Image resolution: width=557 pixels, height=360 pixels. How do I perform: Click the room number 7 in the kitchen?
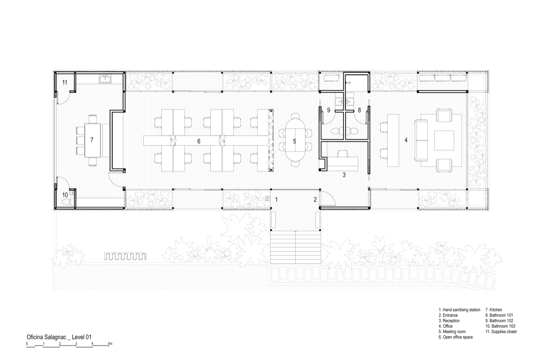[x=92, y=140]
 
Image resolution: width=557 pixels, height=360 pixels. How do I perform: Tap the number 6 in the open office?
[x=198, y=141]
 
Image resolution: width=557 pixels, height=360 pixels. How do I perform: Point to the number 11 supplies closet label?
[x=64, y=82]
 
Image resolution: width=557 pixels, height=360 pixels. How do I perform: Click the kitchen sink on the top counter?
[x=105, y=79]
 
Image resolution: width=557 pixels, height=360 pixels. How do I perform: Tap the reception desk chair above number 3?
[x=342, y=153]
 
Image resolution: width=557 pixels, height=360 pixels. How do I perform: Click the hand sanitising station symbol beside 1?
[x=268, y=198]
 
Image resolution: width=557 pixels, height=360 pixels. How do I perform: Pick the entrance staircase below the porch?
[x=295, y=248]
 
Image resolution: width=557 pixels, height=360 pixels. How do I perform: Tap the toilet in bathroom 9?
[x=335, y=130]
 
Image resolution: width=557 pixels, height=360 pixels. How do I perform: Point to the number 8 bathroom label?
[x=359, y=110]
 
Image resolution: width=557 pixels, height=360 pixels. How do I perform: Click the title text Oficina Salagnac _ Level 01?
[x=59, y=337]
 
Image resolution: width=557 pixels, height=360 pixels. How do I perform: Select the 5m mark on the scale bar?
[x=110, y=344]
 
